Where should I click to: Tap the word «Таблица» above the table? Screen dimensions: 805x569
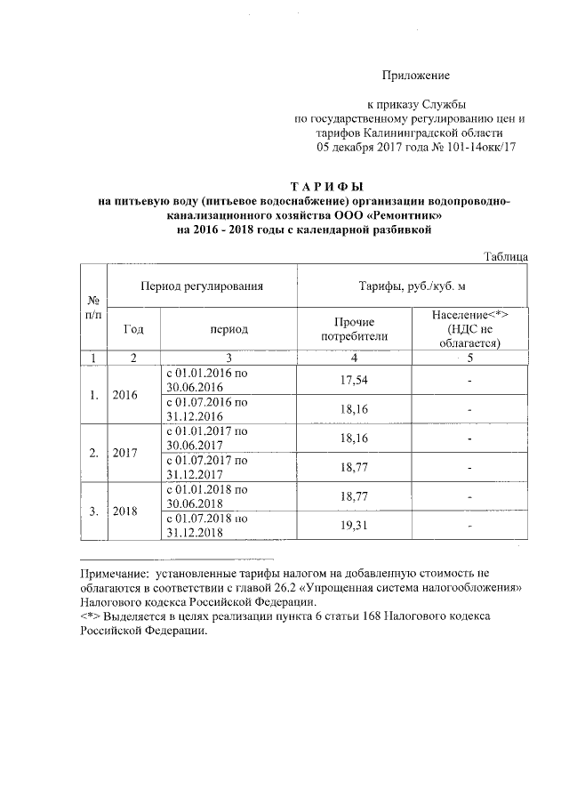point(507,256)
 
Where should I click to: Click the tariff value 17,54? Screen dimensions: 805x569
point(354,381)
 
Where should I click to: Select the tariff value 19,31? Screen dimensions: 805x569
point(354,527)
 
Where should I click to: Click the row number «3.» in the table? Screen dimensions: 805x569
point(93,511)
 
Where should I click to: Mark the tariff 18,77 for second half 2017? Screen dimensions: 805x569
point(354,468)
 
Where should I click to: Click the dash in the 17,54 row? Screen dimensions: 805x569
point(469,381)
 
